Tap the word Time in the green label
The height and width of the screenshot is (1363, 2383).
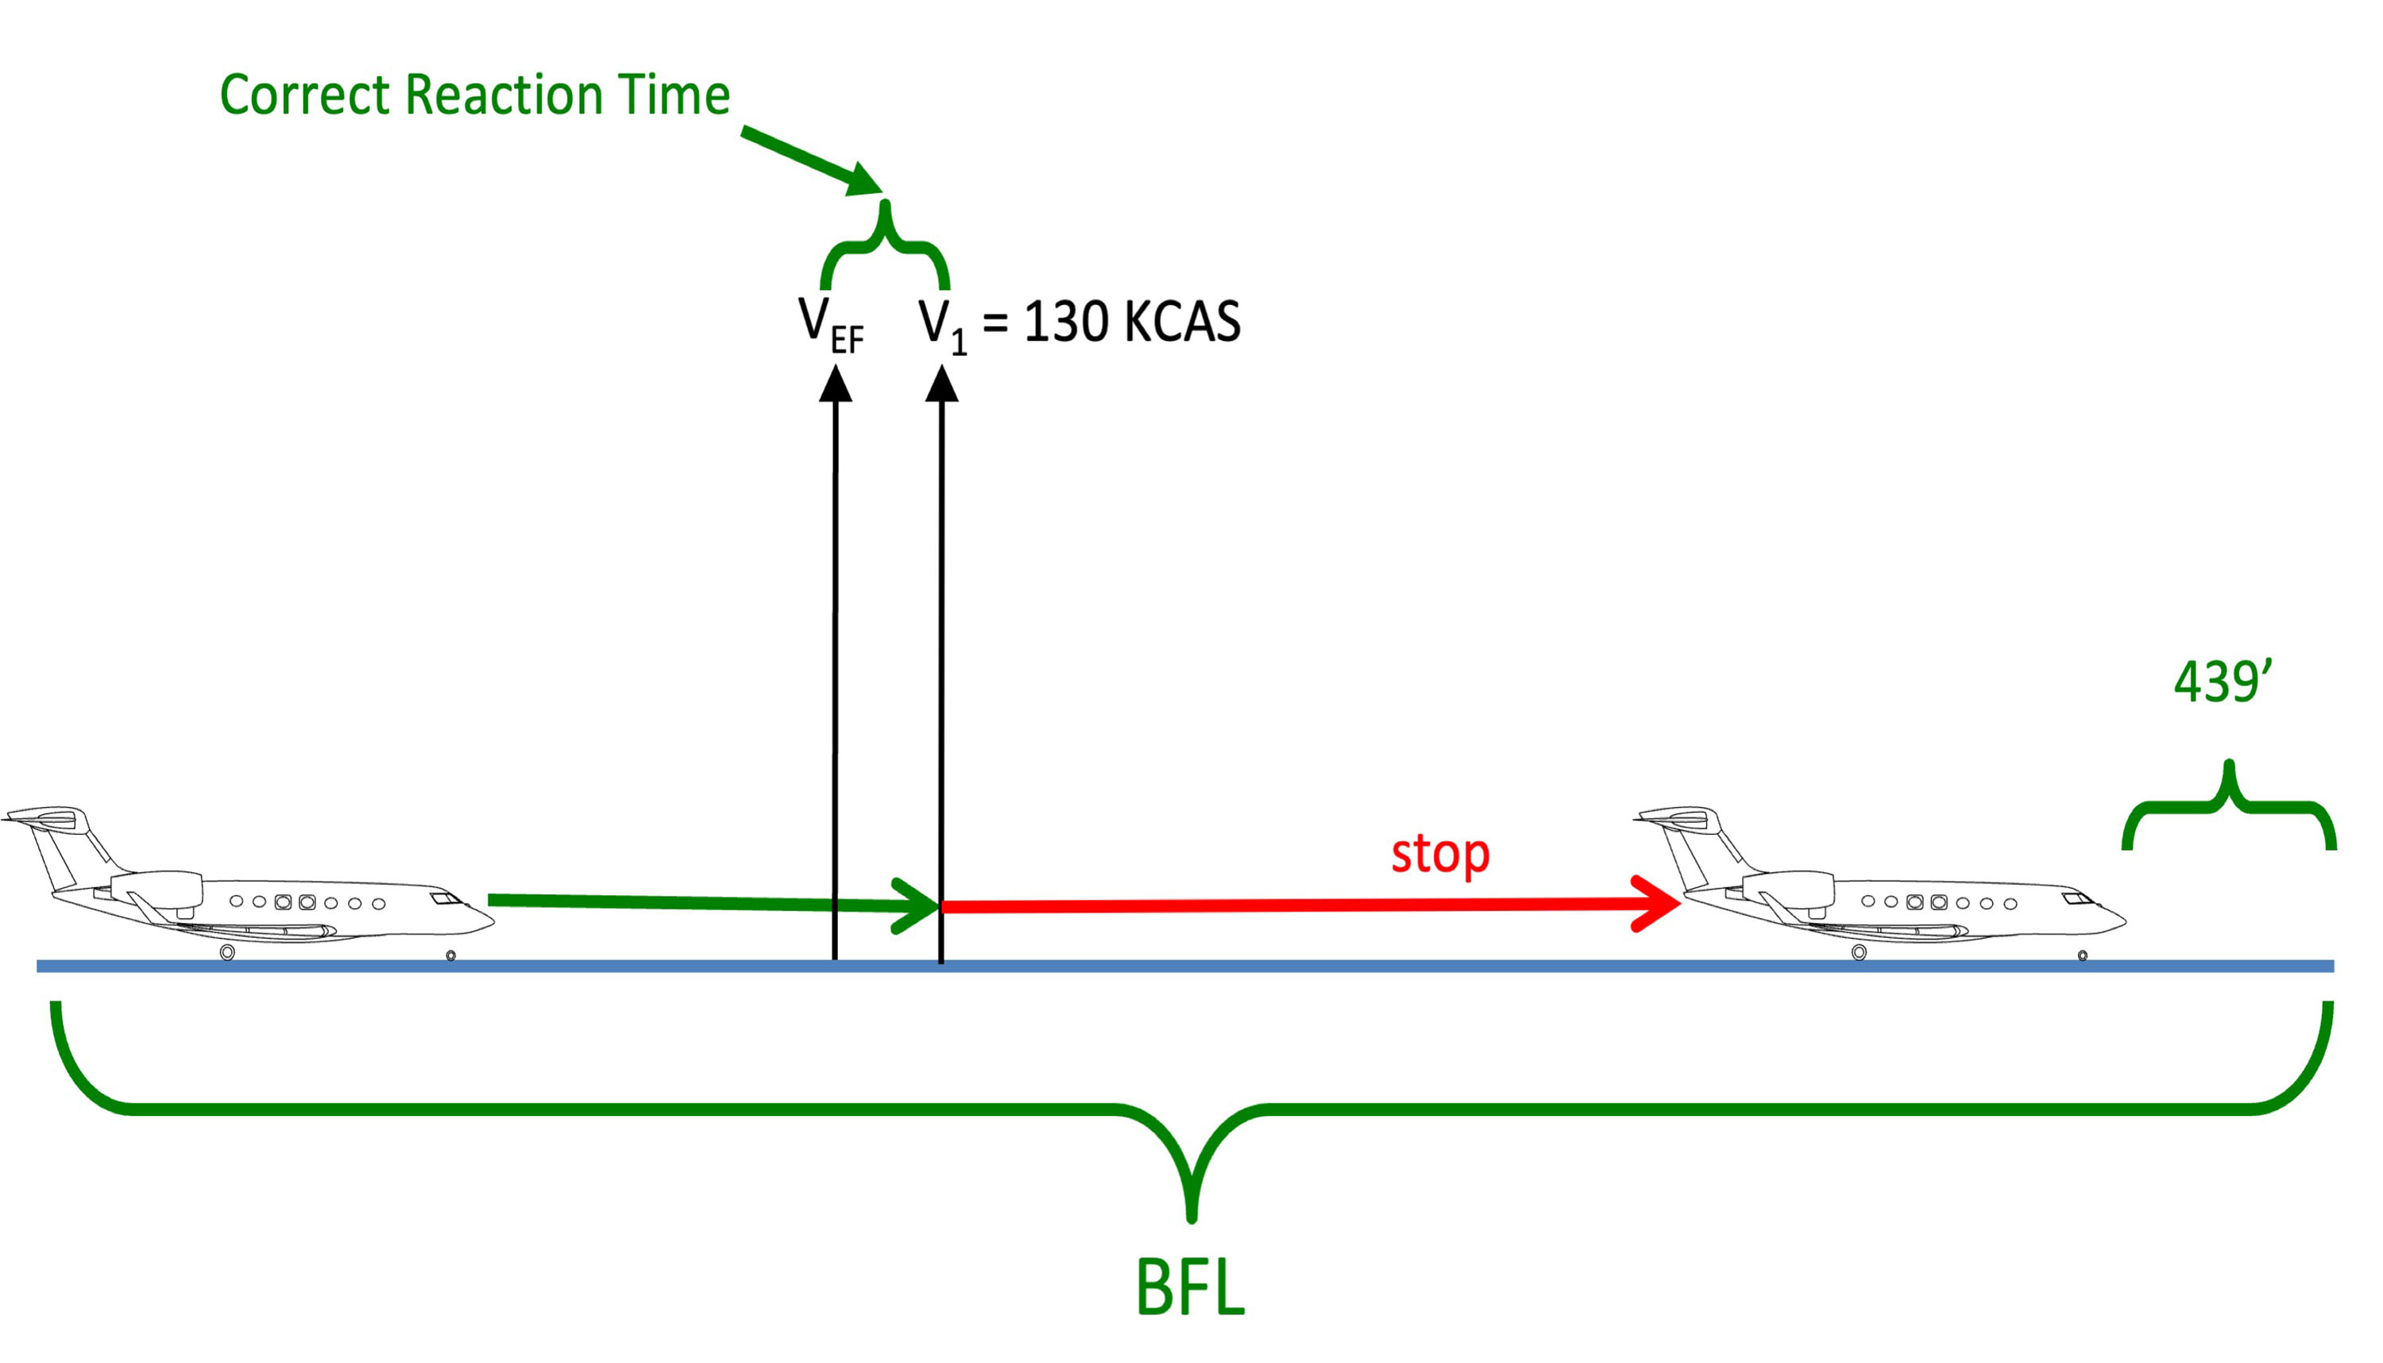(678, 95)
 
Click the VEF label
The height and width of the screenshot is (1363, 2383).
(830, 325)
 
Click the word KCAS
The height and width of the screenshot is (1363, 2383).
(1182, 322)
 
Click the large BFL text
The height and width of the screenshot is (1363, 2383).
(1191, 1289)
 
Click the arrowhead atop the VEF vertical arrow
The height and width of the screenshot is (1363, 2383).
(835, 384)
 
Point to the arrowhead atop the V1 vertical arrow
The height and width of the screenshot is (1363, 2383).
(941, 384)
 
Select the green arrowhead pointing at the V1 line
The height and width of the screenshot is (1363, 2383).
(917, 905)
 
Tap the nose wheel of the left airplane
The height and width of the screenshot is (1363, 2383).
(450, 956)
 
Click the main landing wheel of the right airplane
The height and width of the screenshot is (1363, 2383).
(1859, 953)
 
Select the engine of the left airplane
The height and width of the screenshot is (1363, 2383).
(156, 886)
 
